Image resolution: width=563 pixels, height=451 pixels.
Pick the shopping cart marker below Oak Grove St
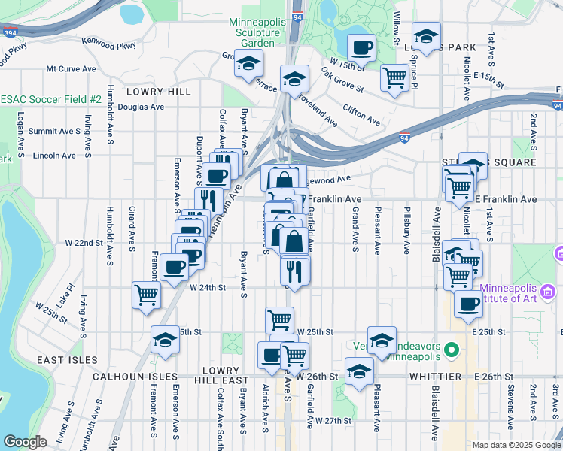[x=395, y=77]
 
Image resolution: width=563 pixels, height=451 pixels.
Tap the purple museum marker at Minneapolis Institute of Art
[x=549, y=292]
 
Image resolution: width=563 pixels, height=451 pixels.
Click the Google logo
[x=25, y=442]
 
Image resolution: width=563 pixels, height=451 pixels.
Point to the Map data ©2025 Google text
[x=516, y=445]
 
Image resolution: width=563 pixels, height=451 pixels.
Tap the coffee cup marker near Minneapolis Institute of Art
[x=469, y=304]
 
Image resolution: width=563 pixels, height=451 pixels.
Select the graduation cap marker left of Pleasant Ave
[x=359, y=371]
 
